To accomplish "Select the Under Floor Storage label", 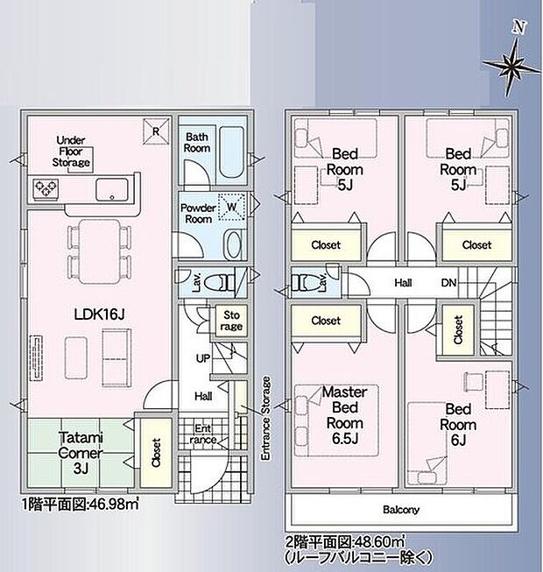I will click(74, 152).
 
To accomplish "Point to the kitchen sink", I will click(112, 187).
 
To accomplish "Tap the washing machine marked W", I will click(232, 208).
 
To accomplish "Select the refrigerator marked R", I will click(155, 131).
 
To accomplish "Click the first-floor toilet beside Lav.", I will click(224, 282).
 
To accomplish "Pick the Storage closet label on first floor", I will click(231, 321).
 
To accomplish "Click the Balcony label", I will click(401, 510).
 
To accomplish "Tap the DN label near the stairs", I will click(447, 284).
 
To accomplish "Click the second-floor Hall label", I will click(402, 284).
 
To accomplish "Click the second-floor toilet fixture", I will click(306, 282).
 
